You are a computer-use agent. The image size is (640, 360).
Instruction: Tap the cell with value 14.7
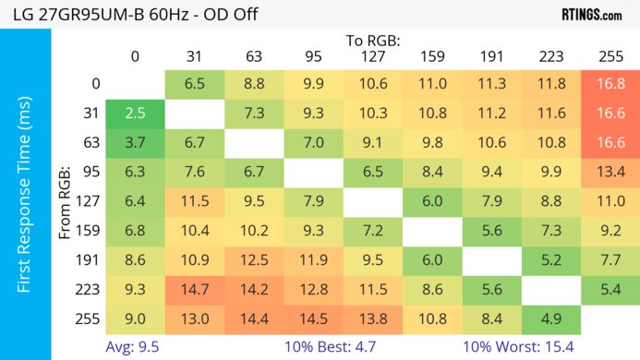pyautogui.click(x=195, y=289)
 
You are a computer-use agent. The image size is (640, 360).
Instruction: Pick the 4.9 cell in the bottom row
pyautogui.click(x=550, y=319)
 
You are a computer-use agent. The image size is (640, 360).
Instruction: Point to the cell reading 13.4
pyautogui.click(x=610, y=171)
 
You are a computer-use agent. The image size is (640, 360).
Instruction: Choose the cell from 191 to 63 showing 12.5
pyautogui.click(x=254, y=260)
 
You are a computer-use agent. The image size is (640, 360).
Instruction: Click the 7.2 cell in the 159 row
pyautogui.click(x=372, y=231)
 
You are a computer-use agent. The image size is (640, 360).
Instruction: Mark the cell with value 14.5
pyautogui.click(x=313, y=319)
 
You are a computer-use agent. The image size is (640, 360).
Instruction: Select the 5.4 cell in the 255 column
pyautogui.click(x=610, y=289)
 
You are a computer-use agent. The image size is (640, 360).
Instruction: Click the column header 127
pyautogui.click(x=372, y=57)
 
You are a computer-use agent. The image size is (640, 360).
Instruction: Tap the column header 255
pyautogui.click(x=610, y=57)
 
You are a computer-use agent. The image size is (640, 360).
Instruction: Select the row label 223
pyautogui.click(x=91, y=289)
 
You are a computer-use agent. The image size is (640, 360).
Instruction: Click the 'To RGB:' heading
pyautogui.click(x=373, y=41)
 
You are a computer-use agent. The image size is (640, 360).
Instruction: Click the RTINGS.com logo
pyautogui.click(x=590, y=15)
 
